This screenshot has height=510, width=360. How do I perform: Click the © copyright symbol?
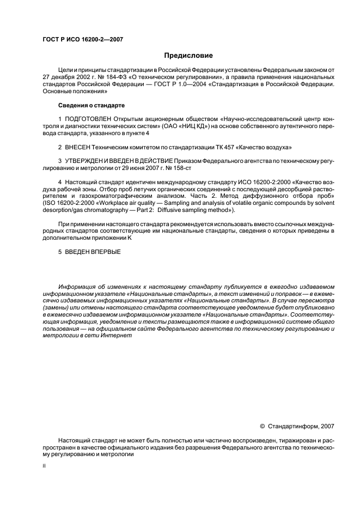tap(263, 427)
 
